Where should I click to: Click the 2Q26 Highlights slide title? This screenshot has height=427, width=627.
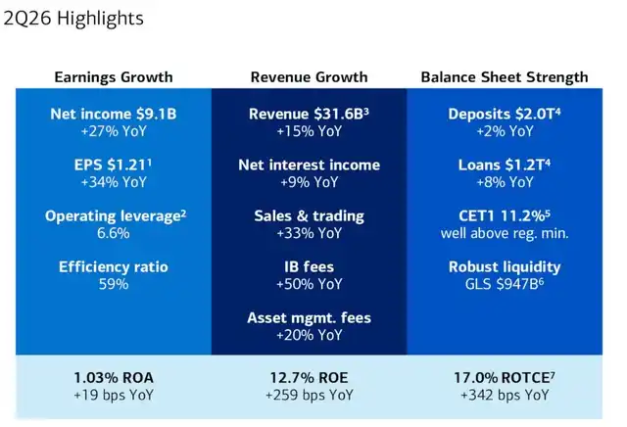(x=73, y=19)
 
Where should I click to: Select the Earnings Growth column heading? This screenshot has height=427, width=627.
(x=114, y=76)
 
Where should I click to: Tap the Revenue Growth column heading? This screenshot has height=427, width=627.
(x=310, y=76)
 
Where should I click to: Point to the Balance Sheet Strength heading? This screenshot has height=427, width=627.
(x=505, y=76)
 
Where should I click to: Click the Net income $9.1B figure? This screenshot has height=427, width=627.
(x=114, y=114)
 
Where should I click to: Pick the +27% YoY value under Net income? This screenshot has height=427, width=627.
(x=114, y=131)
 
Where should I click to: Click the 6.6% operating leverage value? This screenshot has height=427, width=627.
(x=114, y=233)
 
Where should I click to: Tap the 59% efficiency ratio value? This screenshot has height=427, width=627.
(x=114, y=284)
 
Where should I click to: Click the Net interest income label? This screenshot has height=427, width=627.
(x=310, y=165)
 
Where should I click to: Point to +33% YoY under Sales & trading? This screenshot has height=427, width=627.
(x=310, y=233)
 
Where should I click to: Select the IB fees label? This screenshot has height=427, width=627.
(x=310, y=266)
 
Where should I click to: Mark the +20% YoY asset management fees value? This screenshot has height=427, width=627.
(x=310, y=335)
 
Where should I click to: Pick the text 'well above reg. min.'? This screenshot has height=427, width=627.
(x=505, y=233)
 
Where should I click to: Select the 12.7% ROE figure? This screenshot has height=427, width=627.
(x=310, y=377)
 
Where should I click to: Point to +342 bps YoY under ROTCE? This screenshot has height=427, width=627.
(x=505, y=395)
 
